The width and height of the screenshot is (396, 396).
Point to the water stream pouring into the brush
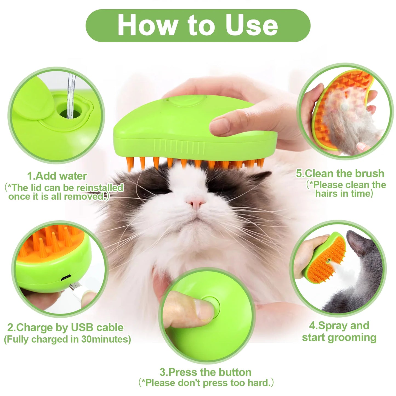click(x=71, y=93)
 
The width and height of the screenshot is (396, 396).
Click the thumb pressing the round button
click(x=189, y=308)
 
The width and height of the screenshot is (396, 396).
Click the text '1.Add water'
click(x=57, y=176)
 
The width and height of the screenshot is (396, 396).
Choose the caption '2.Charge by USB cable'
click(x=65, y=327)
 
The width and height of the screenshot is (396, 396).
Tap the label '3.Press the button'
click(x=205, y=372)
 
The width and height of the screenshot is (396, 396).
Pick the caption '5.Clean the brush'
click(x=340, y=173)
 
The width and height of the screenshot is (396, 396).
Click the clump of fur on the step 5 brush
click(x=345, y=121)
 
